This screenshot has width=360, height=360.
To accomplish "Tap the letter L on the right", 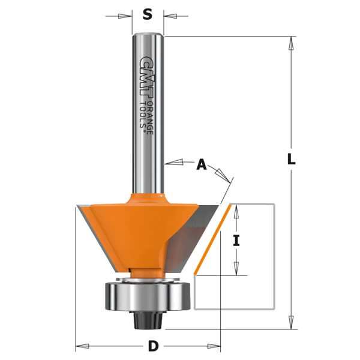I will pos(291,160).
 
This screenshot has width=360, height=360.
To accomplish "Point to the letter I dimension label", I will pos(236,241).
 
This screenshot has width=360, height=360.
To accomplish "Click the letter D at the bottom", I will pos(154,347).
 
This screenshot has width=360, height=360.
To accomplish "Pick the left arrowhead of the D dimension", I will pos(80,347).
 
